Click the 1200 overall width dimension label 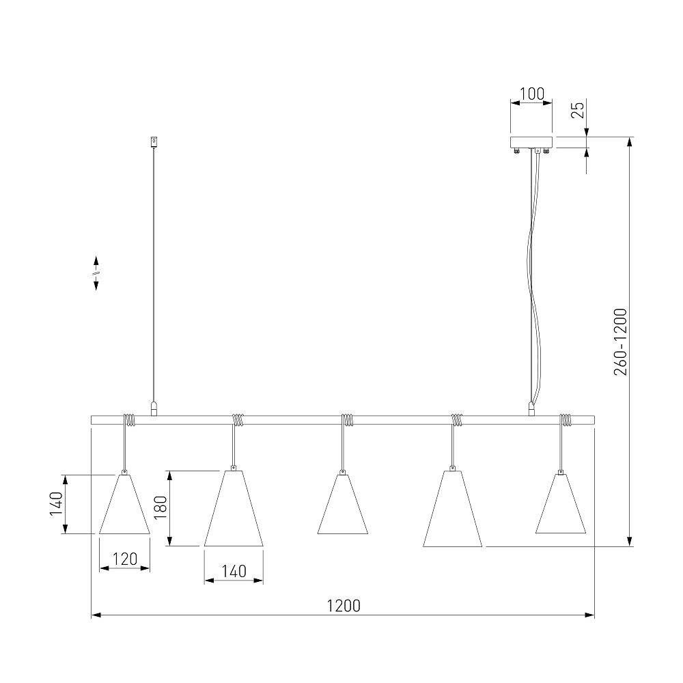tap(344, 605)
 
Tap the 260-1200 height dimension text tap(620, 342)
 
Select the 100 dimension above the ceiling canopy tap(532, 94)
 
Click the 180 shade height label tap(161, 507)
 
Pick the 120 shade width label tap(125, 559)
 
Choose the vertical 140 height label tap(56, 504)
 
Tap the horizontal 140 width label tap(234, 571)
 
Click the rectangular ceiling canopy tap(531, 143)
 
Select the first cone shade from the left tap(124, 503)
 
